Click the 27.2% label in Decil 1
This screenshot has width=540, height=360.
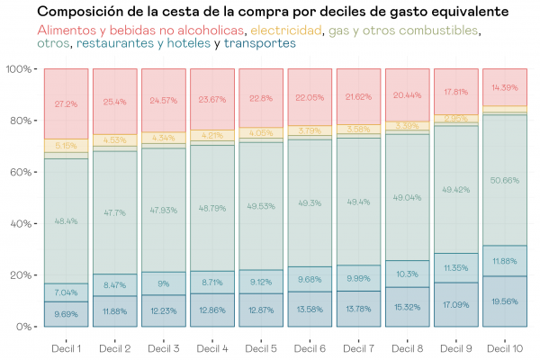coord(66,103)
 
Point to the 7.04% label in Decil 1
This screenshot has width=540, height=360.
coord(66,292)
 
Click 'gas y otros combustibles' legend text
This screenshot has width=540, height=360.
coord(404,30)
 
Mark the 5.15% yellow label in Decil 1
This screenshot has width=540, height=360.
coord(66,145)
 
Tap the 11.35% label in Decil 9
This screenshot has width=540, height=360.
coord(455,268)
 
